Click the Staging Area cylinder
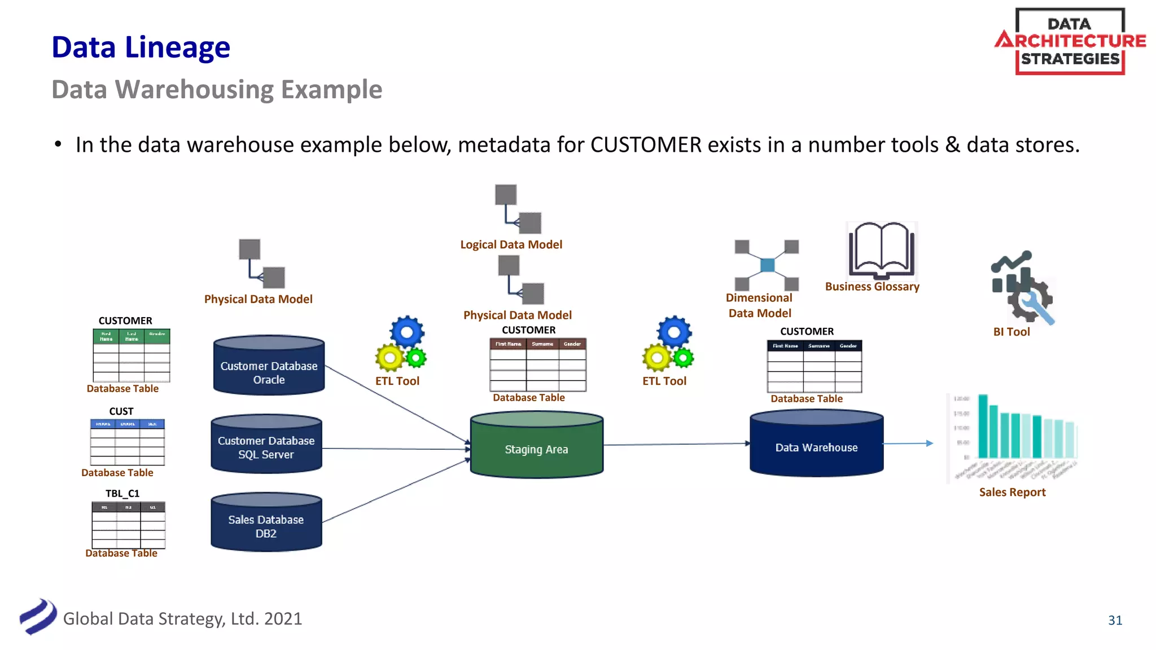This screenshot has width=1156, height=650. [x=536, y=446]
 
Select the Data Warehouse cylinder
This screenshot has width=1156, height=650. [x=816, y=445]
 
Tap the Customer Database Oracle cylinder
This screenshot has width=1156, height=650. [x=269, y=367]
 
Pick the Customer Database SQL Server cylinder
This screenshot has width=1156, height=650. [x=266, y=445]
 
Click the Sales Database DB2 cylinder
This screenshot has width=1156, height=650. [x=266, y=524]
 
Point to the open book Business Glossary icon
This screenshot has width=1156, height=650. [x=881, y=251]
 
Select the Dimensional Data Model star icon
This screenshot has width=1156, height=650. [x=767, y=265]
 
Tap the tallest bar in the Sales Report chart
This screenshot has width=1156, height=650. [x=983, y=425]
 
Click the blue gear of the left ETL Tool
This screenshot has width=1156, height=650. [x=406, y=332]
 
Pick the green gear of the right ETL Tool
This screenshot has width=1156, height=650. [x=684, y=358]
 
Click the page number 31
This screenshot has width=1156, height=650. [x=1115, y=620]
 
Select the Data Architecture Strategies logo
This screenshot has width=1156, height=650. [x=1070, y=41]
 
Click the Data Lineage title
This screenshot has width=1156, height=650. [x=141, y=47]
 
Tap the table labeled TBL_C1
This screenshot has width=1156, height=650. [x=128, y=525]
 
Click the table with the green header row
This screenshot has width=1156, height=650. [x=131, y=355]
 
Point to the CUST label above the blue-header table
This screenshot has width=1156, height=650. [x=121, y=411]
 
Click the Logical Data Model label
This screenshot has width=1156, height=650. [x=511, y=244]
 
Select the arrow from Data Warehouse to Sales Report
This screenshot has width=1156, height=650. [x=908, y=443]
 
